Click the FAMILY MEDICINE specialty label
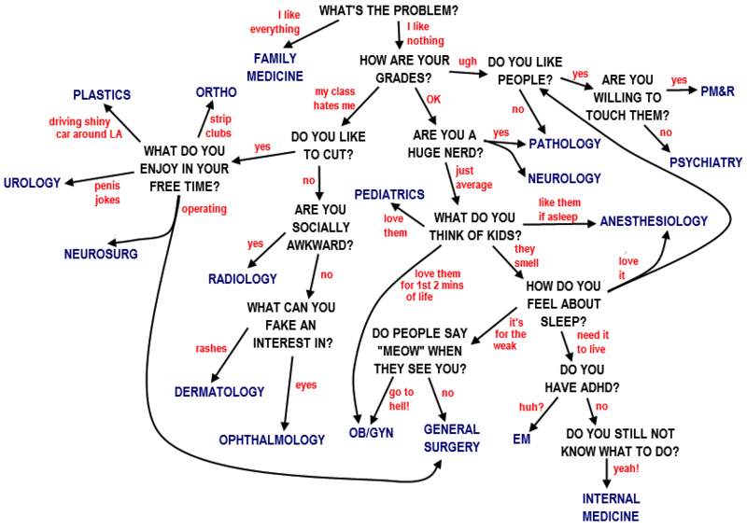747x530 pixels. (275, 67)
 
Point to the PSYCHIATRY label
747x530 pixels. (705, 162)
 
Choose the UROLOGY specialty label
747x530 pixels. (32, 181)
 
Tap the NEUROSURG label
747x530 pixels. (101, 254)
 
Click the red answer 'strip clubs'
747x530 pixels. (219, 126)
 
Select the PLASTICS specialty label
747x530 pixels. (102, 95)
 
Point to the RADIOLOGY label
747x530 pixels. (243, 279)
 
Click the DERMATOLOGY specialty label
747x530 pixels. (219, 392)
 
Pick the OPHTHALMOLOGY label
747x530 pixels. (272, 439)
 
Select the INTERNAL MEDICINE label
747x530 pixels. (611, 507)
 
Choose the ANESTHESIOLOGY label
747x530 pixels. (654, 221)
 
